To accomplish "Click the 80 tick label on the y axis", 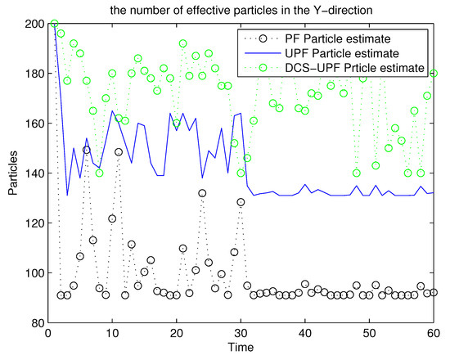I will pyautogui.click(x=35, y=323).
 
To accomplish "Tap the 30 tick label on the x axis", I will pyautogui.click(x=241, y=334).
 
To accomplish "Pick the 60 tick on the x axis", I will pyautogui.click(x=434, y=334).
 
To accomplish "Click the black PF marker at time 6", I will pyautogui.click(x=87, y=150).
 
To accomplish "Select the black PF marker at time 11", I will pyautogui.click(x=119, y=152).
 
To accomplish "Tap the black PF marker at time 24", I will pyautogui.click(x=202, y=193).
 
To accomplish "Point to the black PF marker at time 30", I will pyautogui.click(x=241, y=202).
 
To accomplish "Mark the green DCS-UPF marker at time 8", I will pyautogui.click(x=99, y=173).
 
